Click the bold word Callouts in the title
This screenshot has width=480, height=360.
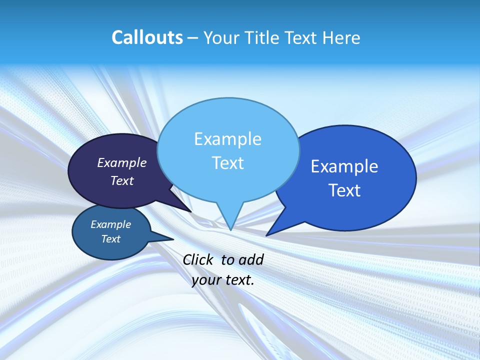tap(147, 37)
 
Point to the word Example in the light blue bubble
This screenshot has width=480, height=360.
tap(227, 139)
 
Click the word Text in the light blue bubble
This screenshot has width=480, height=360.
tap(227, 163)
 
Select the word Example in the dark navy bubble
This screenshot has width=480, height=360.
tap(122, 163)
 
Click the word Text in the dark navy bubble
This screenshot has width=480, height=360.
tap(122, 180)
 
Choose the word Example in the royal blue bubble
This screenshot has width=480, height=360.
tap(344, 166)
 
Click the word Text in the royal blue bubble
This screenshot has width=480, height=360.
tap(344, 190)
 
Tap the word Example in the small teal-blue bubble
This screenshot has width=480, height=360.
tap(111, 224)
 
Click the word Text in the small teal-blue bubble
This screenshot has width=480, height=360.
tap(111, 239)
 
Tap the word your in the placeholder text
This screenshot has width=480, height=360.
tap(206, 280)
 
